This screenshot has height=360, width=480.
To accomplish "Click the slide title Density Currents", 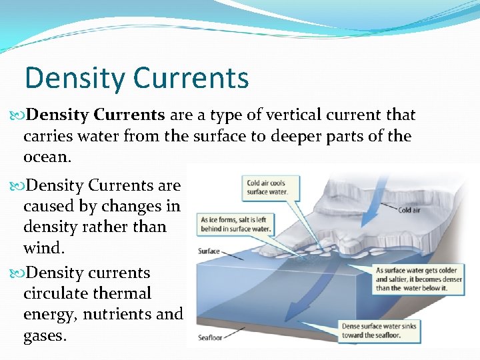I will click(x=137, y=78).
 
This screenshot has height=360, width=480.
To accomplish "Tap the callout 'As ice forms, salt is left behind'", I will click(x=235, y=225).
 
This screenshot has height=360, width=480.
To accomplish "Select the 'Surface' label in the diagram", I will click(x=209, y=251).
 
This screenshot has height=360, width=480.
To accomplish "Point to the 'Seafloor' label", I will click(x=210, y=338).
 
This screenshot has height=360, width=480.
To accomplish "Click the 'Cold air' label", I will click(x=409, y=210).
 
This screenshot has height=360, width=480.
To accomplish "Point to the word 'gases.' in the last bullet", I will click(x=45, y=335).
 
